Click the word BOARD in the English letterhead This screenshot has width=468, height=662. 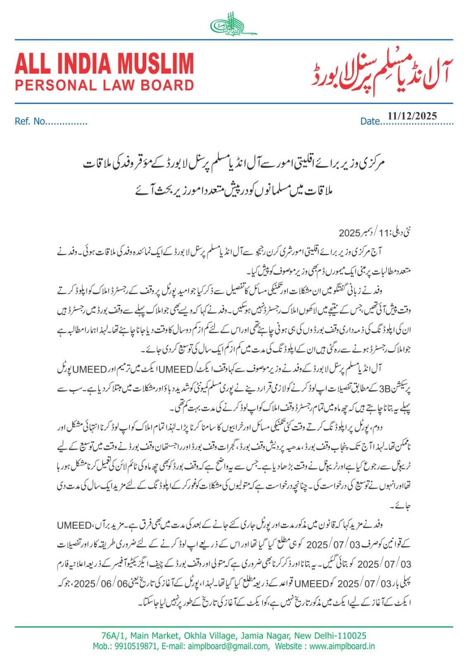163,85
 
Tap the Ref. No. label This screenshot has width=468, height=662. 29,122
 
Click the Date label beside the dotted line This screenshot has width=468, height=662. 370,121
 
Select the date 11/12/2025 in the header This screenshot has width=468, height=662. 412,116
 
